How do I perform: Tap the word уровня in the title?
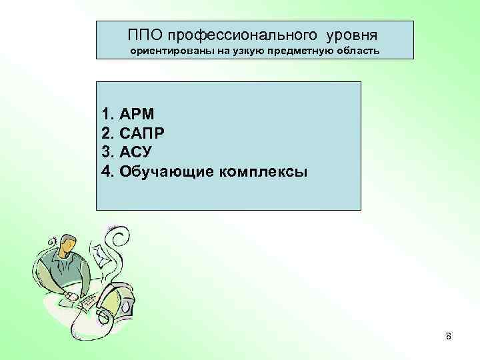tap(347, 33)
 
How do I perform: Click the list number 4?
tap(108, 172)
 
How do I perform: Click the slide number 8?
tap(449, 337)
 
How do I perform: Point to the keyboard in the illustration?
tap(87, 305)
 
